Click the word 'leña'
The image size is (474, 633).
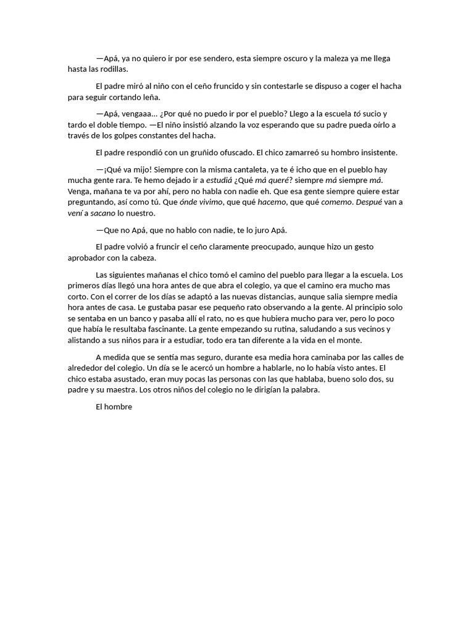(x=149, y=97)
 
